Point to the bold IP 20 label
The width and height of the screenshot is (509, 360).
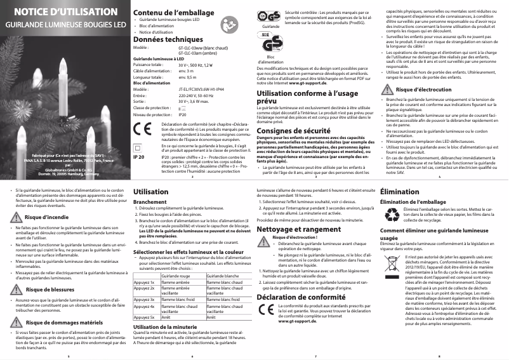click(140, 156)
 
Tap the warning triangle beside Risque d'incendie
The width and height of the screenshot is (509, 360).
click(20, 217)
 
